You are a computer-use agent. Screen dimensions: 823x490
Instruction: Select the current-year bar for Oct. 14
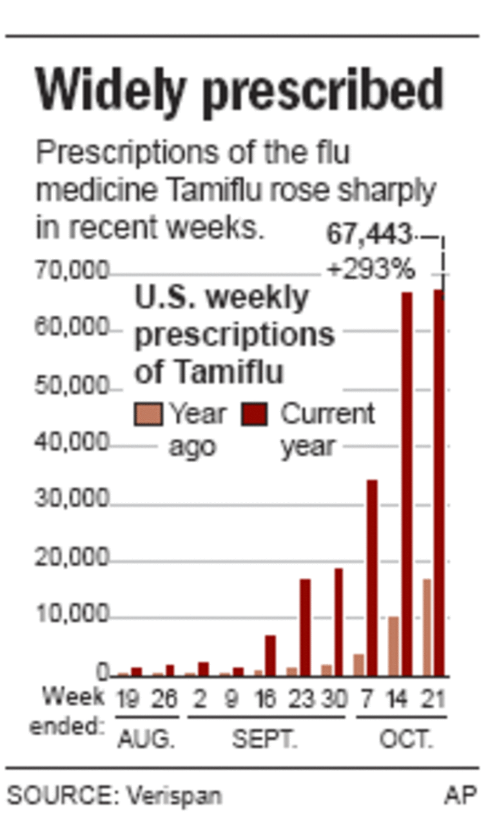406,484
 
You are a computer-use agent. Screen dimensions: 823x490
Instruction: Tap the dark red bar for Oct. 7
372,578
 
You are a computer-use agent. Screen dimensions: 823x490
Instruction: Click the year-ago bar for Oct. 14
393,645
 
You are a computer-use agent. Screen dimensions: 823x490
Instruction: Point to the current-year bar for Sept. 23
305,626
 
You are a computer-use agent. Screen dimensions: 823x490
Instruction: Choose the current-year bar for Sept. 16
270,655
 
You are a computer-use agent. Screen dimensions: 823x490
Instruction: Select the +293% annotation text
371,269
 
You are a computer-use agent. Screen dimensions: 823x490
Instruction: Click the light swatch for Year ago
148,414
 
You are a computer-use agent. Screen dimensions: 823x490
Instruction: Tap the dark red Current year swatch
254,414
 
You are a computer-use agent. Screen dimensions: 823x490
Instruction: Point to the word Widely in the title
110,90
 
